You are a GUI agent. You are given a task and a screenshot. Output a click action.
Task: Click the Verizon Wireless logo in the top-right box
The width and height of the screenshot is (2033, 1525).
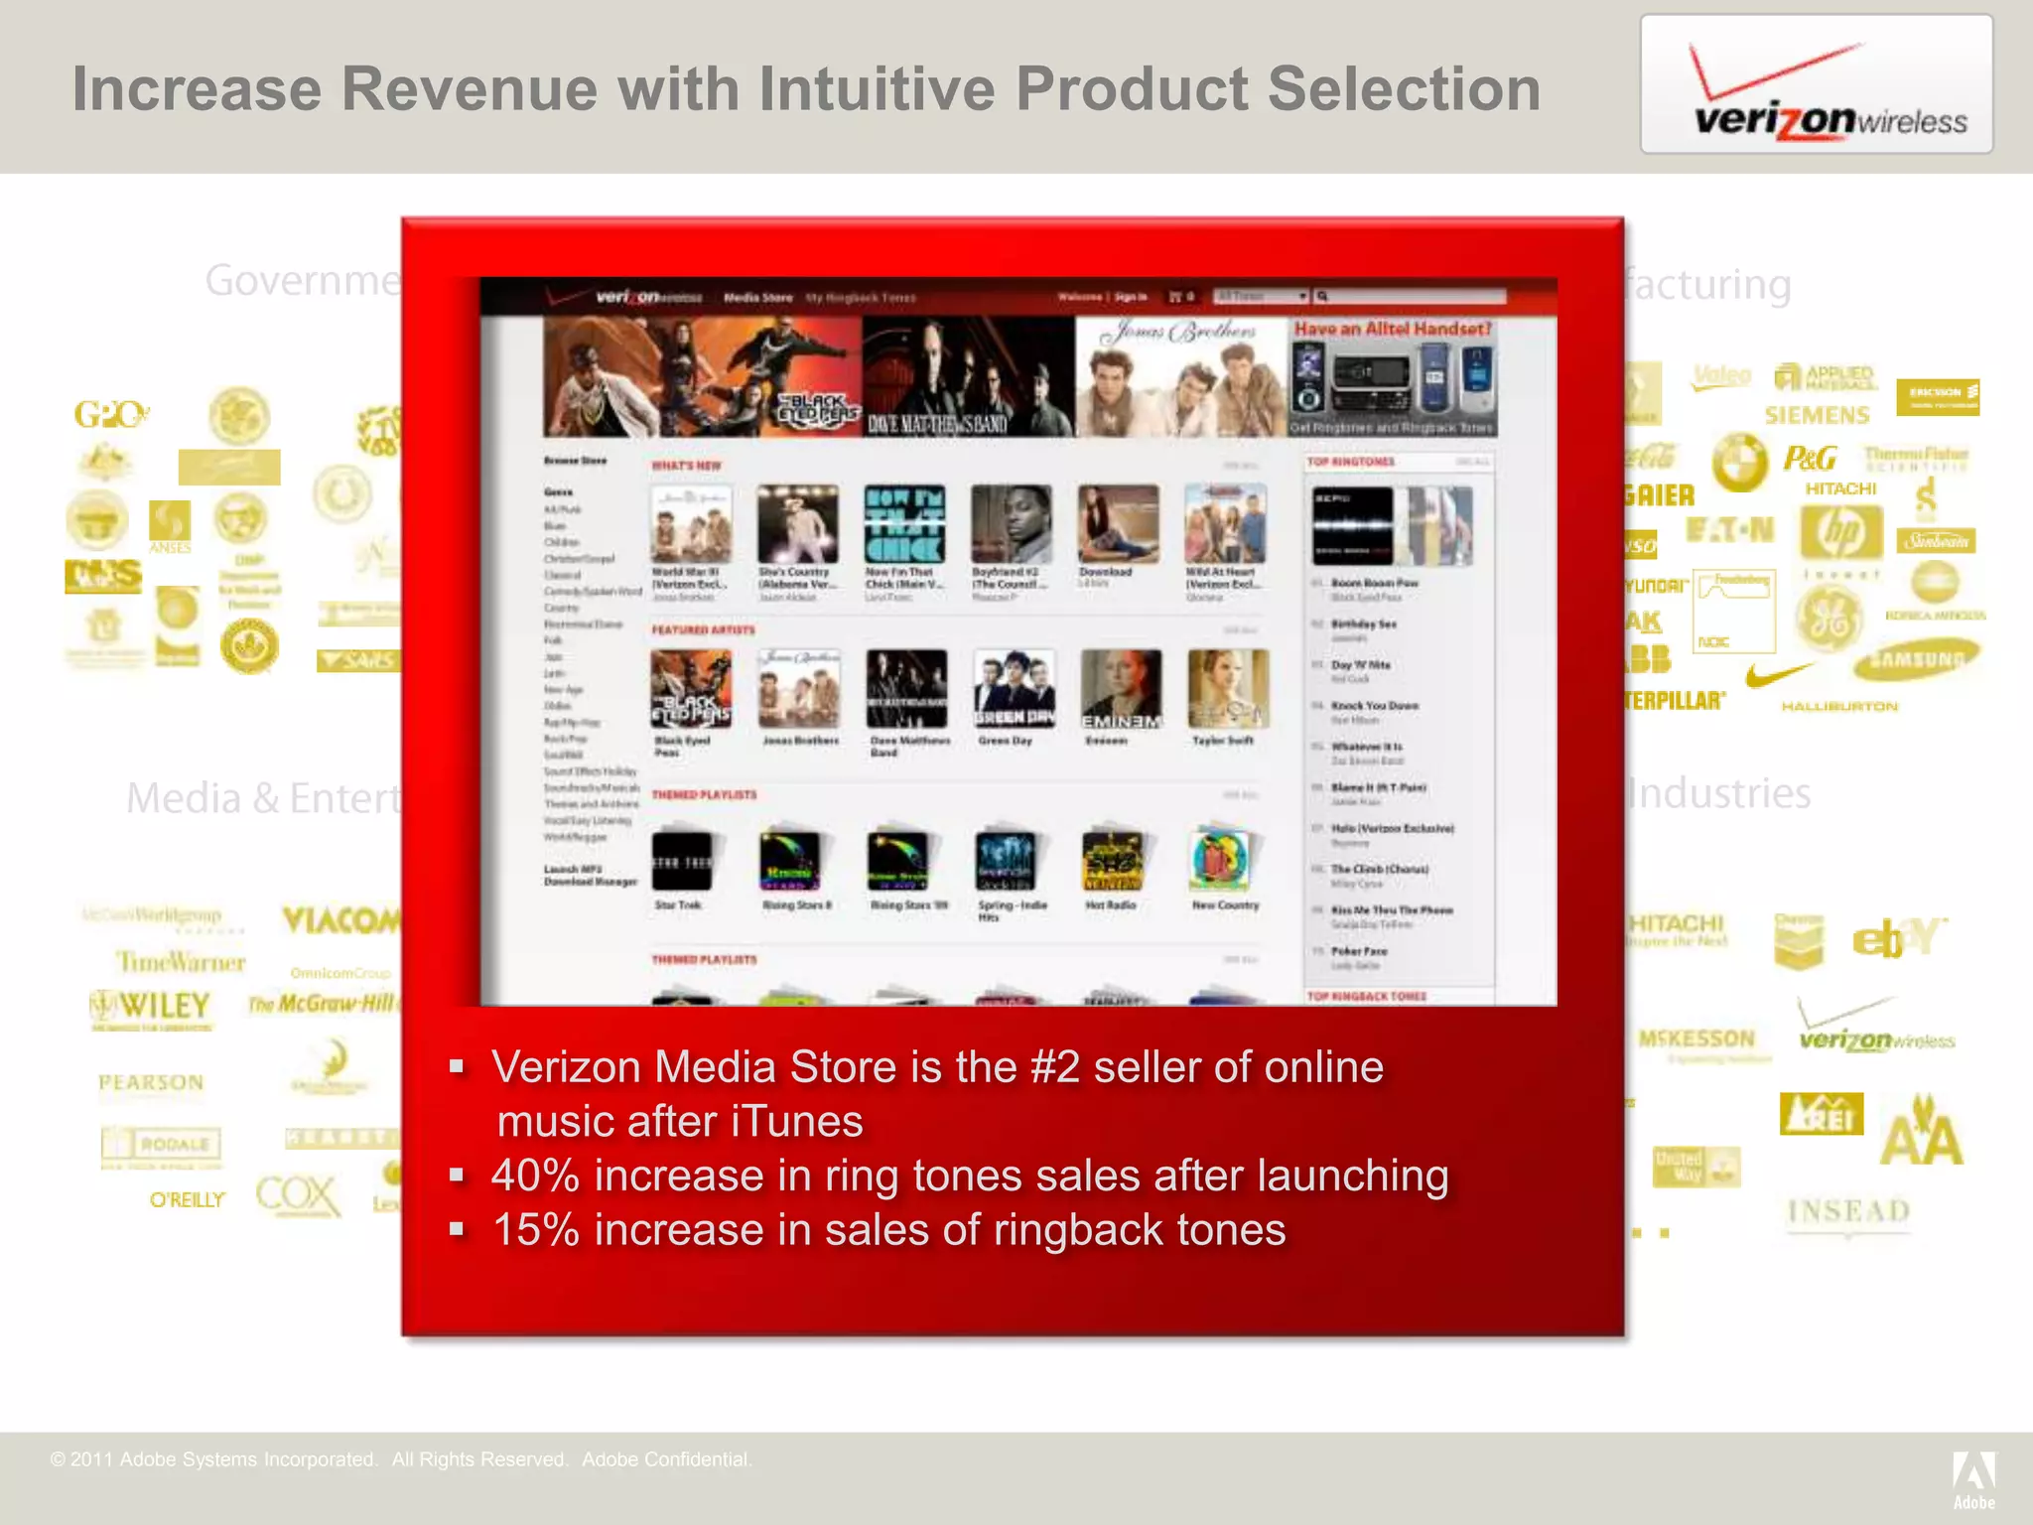tap(1817, 87)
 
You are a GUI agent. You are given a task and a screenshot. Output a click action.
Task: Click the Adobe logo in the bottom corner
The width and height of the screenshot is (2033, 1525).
tap(1973, 1478)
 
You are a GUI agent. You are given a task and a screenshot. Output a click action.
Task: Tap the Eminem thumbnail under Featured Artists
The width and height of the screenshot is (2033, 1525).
tap(1120, 689)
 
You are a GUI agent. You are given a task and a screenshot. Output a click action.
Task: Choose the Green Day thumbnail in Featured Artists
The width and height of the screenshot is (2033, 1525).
tap(1013, 689)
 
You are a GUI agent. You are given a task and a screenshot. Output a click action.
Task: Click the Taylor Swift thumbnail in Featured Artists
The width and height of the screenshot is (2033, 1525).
tap(1227, 689)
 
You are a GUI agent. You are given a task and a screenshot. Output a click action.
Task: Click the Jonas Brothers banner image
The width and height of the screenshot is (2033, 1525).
tap(1181, 377)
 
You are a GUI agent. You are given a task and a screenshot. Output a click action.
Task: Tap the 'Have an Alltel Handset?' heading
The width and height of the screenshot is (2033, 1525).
tap(1393, 329)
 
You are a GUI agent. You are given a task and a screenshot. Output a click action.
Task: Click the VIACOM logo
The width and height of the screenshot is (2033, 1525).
tap(340, 921)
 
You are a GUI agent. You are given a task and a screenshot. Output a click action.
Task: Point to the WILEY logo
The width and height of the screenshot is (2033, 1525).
tap(151, 1007)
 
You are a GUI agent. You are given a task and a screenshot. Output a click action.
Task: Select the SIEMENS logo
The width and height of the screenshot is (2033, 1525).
tap(1817, 415)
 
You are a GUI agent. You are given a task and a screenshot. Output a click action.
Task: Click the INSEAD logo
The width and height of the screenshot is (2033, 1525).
tap(1848, 1211)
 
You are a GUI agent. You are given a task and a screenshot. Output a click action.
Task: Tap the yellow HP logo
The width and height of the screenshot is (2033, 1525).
tap(1841, 532)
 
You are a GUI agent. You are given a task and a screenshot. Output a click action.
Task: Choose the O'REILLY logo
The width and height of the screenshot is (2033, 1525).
tap(187, 1200)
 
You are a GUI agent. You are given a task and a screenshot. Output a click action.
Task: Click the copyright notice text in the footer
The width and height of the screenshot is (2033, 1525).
tap(401, 1459)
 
